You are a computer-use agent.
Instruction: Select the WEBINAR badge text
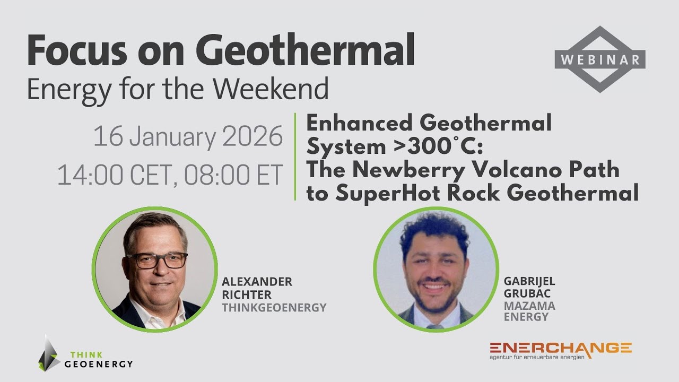(600, 59)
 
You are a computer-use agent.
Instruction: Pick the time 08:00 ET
(234, 175)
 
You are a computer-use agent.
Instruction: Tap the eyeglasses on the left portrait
(156, 260)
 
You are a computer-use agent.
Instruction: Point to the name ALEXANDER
(257, 282)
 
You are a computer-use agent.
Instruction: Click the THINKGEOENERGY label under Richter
(274, 308)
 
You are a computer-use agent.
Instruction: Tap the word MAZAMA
(529, 306)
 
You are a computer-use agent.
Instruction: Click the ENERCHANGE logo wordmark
(561, 349)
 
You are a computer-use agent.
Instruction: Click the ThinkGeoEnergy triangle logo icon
(49, 354)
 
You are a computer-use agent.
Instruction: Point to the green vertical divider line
(294, 157)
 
